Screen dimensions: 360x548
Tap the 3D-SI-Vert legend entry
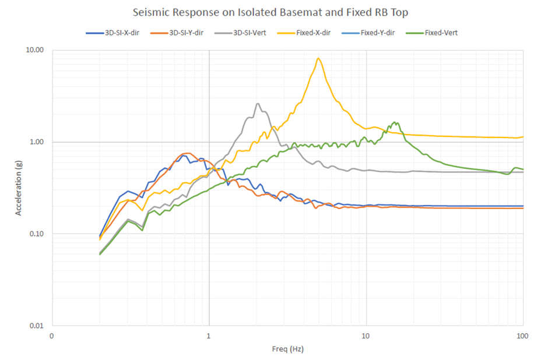click(249, 33)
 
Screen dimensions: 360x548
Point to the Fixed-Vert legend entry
click(441, 33)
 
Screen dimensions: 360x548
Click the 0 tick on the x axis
click(52, 336)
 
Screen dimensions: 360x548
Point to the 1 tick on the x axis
click(209, 336)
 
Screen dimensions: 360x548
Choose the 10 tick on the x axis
click(366, 336)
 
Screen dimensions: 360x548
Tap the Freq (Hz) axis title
click(287, 350)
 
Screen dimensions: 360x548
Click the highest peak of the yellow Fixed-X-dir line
click(318, 58)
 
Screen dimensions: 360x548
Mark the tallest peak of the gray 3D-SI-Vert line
click(258, 104)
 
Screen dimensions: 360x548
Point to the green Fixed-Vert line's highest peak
click(395, 122)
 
